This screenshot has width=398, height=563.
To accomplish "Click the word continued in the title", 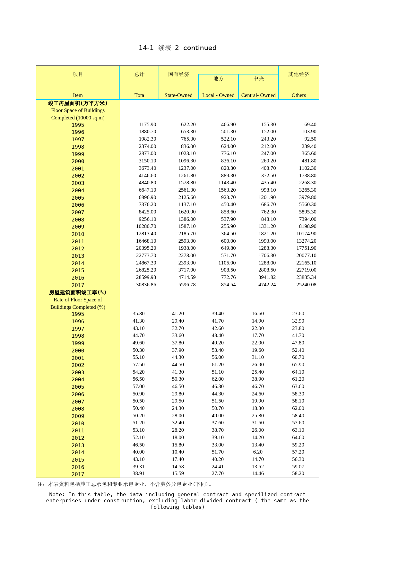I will [200, 48].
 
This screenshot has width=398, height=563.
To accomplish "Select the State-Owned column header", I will [178, 95].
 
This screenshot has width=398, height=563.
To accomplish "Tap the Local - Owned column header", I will [218, 95].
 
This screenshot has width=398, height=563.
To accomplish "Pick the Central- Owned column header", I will [258, 95].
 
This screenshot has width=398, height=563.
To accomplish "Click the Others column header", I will [298, 95].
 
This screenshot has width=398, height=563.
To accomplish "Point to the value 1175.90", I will [147, 124].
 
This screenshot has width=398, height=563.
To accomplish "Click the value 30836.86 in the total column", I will [146, 284].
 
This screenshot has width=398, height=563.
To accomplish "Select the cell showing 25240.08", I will [306, 284].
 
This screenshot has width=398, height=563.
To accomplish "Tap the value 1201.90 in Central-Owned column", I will [267, 197].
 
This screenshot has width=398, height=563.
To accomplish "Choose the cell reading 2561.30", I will [187, 190].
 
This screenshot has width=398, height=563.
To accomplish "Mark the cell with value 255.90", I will [228, 226].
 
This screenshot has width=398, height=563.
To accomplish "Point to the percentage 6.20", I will [258, 452].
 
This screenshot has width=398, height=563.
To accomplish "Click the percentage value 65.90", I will [298, 364].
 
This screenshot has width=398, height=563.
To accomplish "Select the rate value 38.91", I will [138, 473].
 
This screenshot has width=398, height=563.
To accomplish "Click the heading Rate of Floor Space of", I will [78, 299].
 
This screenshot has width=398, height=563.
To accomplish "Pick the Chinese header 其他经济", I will [298, 74].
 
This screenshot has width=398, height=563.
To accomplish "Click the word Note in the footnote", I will [57, 494].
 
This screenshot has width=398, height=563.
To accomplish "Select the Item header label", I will [78, 95].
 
